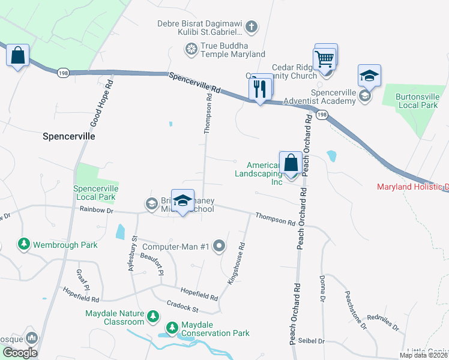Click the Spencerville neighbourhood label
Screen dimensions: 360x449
pyautogui.click(x=69, y=136)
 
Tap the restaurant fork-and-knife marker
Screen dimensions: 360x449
pyautogui.click(x=259, y=89)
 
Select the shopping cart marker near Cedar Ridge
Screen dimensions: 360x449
pyautogui.click(x=324, y=60)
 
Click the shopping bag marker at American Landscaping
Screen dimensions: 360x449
pyautogui.click(x=291, y=163)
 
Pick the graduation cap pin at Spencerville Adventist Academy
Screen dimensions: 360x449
pyautogui.click(x=369, y=76)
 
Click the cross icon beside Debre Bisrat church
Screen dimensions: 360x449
pyautogui.click(x=252, y=26)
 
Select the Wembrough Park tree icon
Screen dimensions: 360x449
pyautogui.click(x=23, y=244)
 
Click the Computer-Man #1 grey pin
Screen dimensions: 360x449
pyautogui.click(x=219, y=245)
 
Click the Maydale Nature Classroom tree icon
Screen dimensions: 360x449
pyautogui.click(x=154, y=316)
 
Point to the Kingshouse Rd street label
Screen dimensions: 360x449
pyautogui.click(x=237, y=262)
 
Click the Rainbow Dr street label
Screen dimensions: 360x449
pyautogui.click(x=96, y=210)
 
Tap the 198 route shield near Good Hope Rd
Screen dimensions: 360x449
pyautogui.click(x=63, y=73)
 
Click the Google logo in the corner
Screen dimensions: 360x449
pyautogui.click(x=20, y=353)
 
